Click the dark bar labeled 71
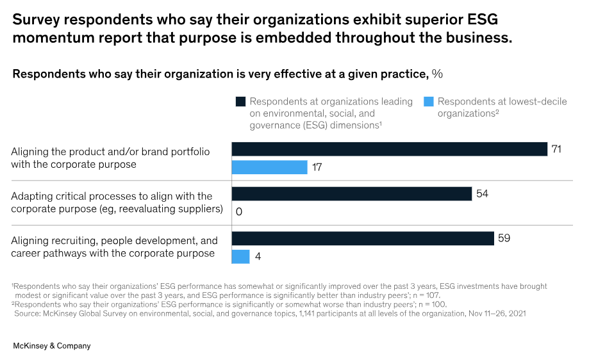point(389,149)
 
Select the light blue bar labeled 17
point(269,167)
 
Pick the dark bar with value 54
point(352,193)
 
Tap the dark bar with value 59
point(363,238)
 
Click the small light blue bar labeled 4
point(240,256)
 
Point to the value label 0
point(239,211)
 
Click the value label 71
point(558,149)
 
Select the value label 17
point(317,167)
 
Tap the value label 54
point(483,193)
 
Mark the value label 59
point(504,238)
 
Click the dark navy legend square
point(240,101)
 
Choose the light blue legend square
point(429,101)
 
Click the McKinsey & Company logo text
point(51,346)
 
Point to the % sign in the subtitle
point(437,74)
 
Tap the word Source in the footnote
point(29,313)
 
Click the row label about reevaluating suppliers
point(117,202)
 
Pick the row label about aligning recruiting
point(114,247)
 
